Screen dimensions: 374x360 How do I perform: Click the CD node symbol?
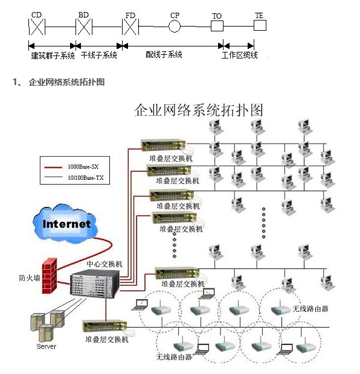point(37,27)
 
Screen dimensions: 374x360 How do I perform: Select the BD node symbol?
point(83,27)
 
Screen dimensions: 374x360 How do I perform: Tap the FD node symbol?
point(130,27)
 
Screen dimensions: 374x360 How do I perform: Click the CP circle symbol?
point(175,27)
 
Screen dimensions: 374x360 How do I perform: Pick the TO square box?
point(217,27)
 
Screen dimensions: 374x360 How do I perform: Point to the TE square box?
point(259,26)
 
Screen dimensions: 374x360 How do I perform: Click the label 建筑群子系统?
point(53,55)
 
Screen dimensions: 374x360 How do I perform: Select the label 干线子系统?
point(98,55)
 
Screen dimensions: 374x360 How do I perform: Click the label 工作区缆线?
point(240,55)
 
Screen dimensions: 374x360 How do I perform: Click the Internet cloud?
point(66,224)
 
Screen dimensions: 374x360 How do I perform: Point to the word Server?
point(47,346)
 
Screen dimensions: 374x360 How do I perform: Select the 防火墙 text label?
point(29,278)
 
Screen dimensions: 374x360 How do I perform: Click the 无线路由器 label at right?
point(310,308)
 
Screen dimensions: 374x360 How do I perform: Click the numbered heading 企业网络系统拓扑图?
point(66,82)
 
